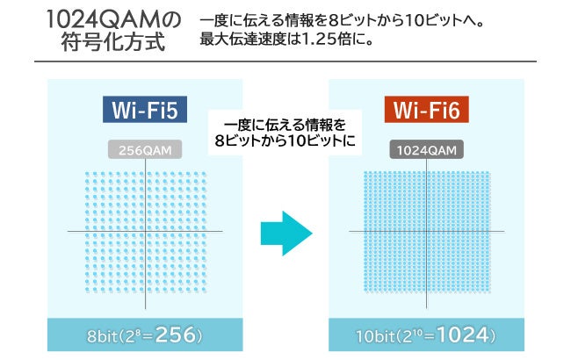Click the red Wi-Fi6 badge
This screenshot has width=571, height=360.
[426, 111]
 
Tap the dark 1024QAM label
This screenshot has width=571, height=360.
[426, 150]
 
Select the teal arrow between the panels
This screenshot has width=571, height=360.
[286, 232]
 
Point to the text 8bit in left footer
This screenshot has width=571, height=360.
[110, 336]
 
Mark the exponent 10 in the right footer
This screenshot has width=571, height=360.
[430, 331]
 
